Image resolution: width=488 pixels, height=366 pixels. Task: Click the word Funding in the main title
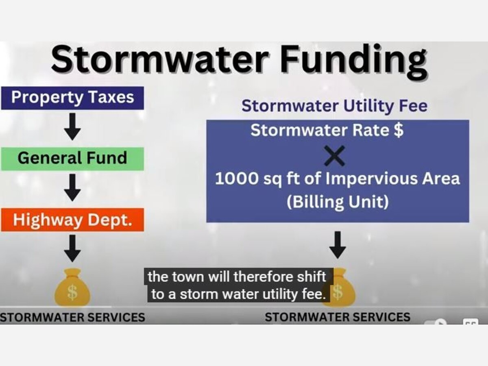353,61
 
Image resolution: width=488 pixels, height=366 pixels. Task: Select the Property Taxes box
72,98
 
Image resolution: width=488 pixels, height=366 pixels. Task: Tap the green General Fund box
72,159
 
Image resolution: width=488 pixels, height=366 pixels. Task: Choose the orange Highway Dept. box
72,220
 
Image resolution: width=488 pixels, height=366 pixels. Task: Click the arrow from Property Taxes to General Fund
72,126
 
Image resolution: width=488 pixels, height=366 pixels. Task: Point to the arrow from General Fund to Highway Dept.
72,188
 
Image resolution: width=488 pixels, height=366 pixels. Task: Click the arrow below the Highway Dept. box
72,248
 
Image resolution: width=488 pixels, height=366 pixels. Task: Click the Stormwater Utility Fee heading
334,106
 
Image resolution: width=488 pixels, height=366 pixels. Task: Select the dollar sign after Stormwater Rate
399,131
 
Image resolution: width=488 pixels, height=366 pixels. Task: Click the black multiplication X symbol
334,156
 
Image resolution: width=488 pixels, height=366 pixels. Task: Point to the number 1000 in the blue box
237,179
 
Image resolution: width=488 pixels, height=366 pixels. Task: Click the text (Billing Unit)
338,202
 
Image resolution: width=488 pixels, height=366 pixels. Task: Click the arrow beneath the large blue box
338,245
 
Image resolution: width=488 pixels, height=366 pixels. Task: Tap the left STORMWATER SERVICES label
72,317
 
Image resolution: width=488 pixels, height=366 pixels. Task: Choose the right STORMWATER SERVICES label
338,317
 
